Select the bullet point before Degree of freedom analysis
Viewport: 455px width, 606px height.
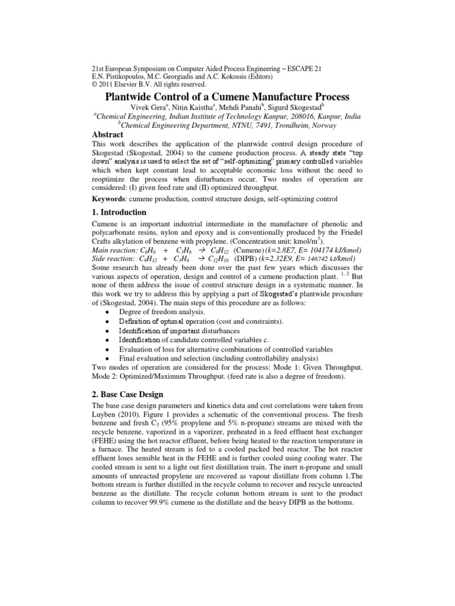105,312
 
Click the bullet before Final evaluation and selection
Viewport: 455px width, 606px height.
105,359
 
